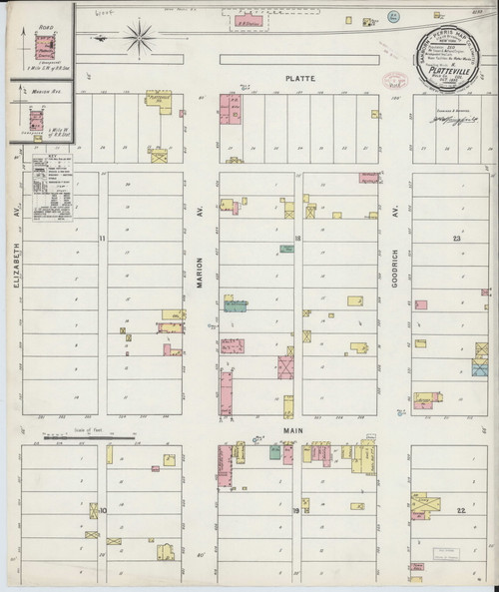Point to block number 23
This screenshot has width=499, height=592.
[x=456, y=239]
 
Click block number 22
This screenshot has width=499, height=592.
[x=460, y=510]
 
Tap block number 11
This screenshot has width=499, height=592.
[x=104, y=239]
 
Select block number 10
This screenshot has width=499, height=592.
[x=104, y=510]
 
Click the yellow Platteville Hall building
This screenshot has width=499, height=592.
[x=159, y=99]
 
